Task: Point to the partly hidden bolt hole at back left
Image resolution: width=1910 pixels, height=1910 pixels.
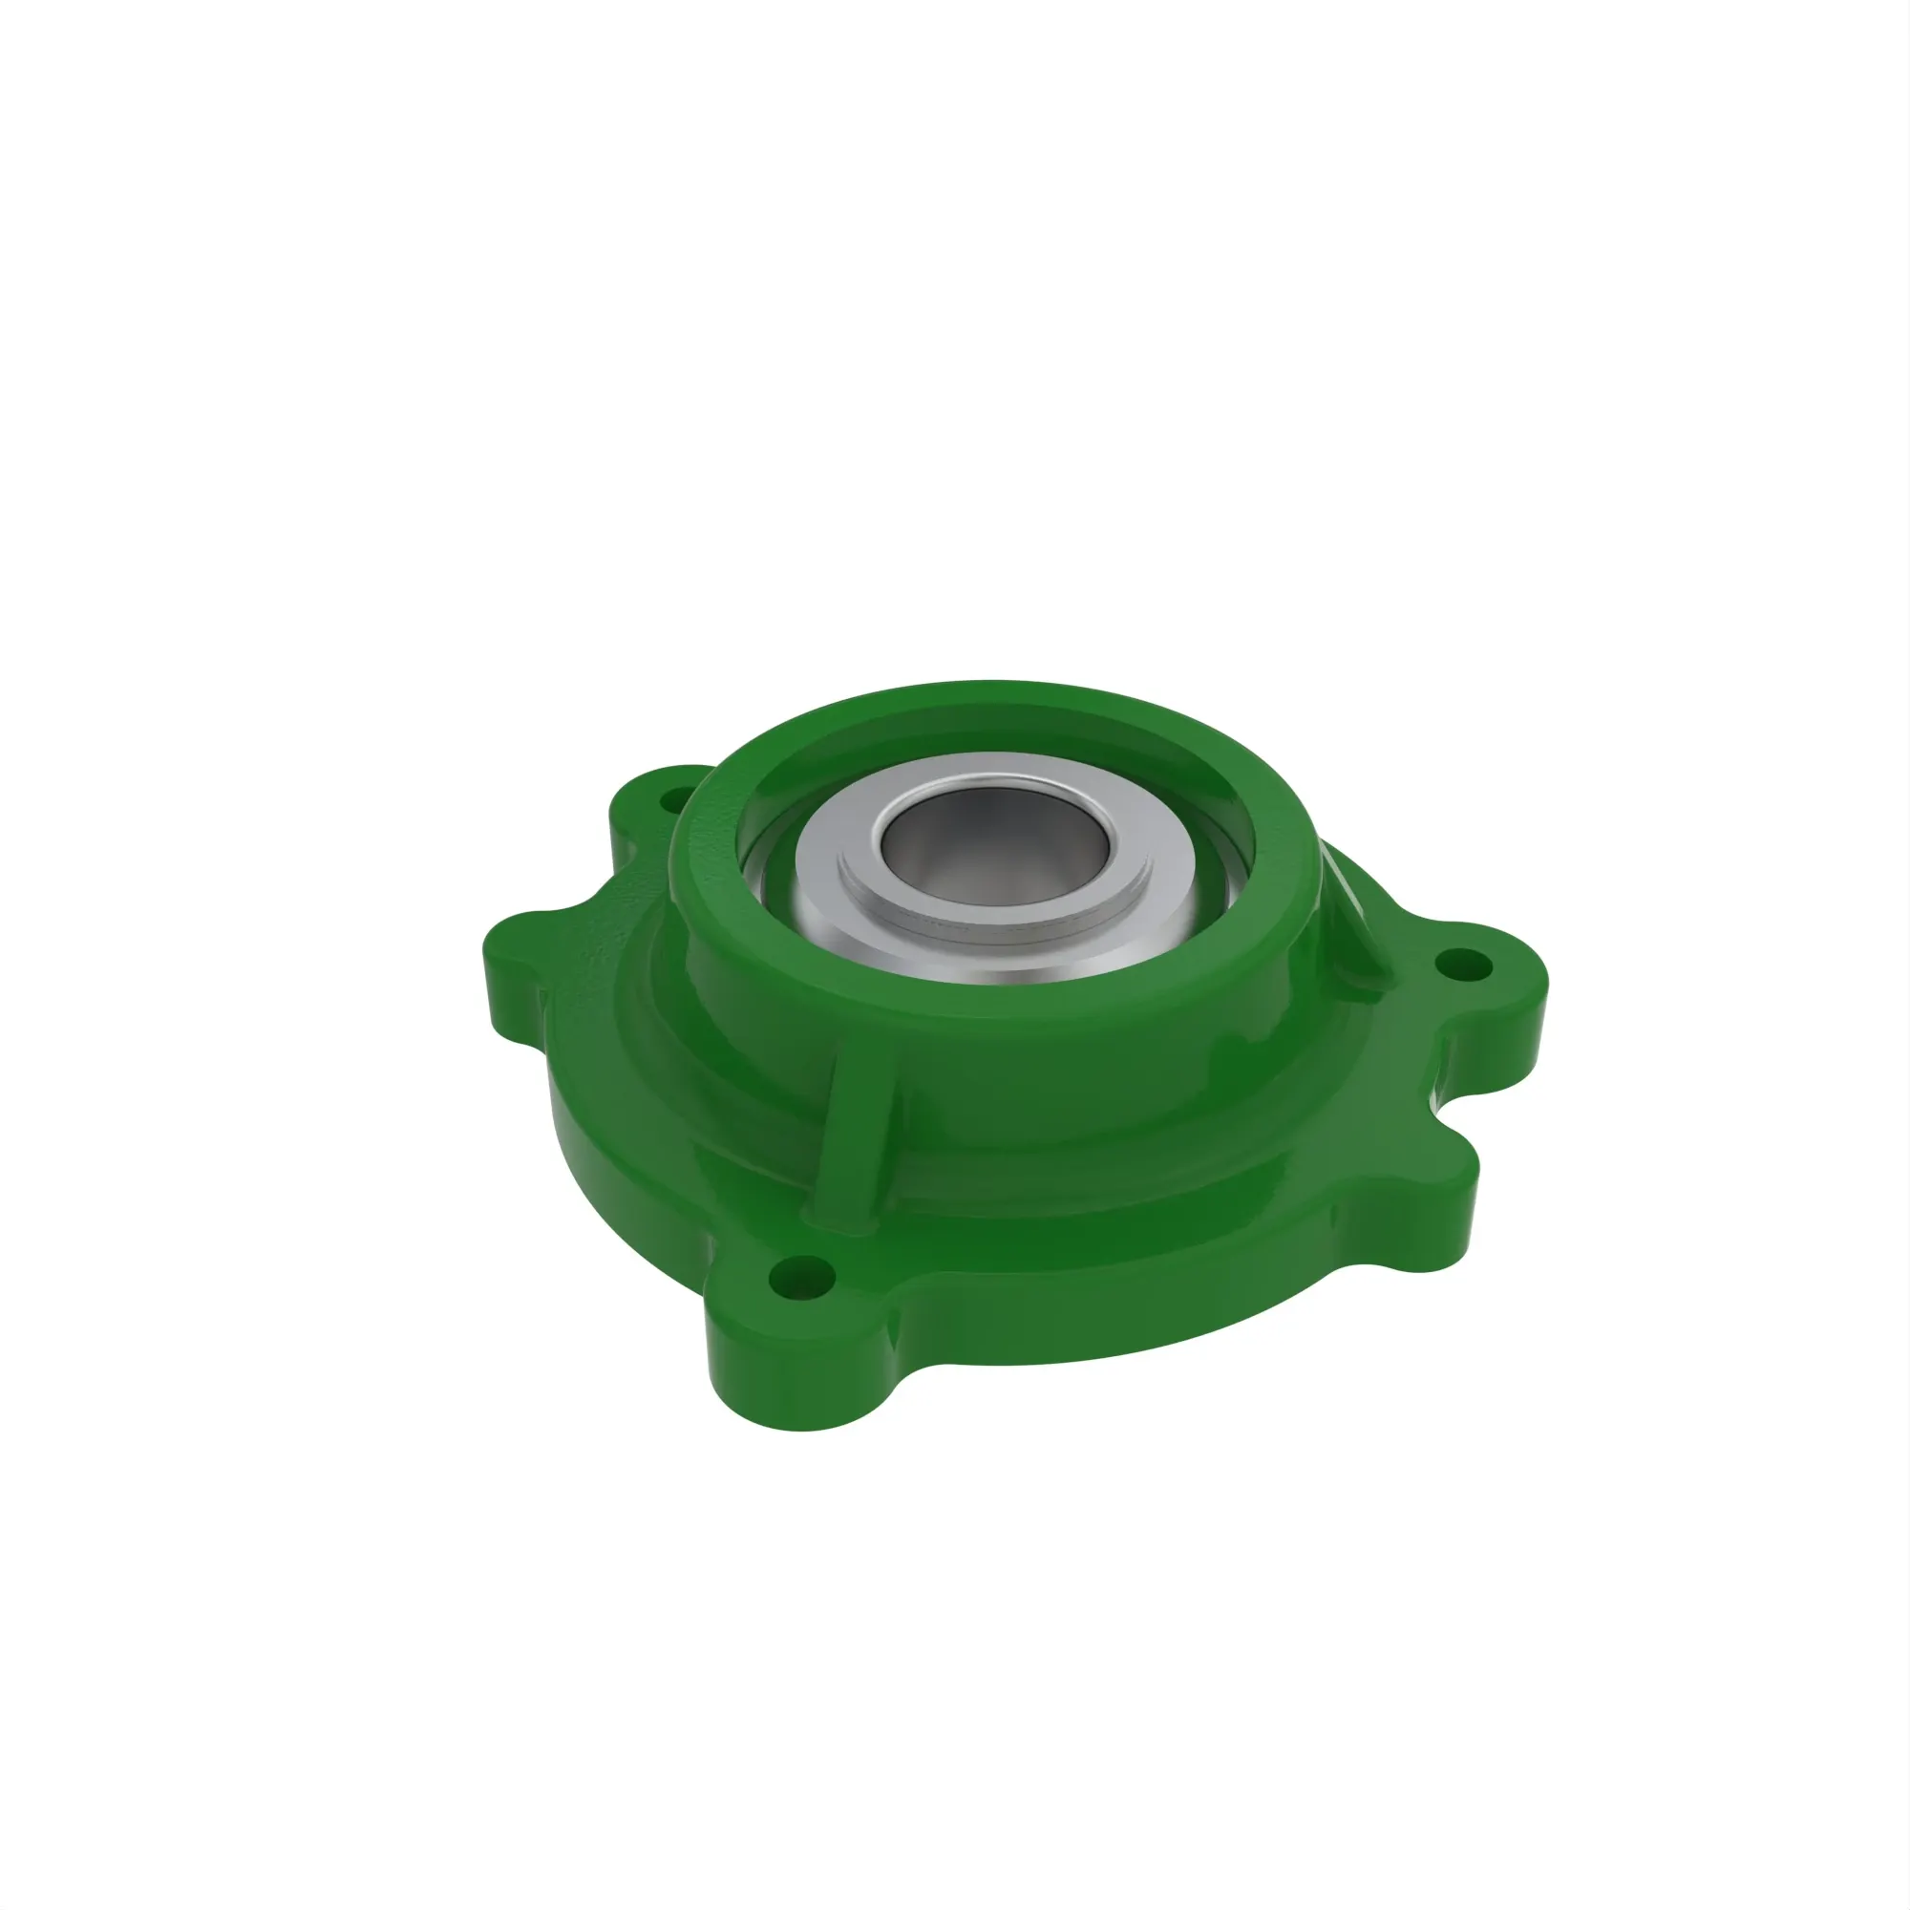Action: [x=676, y=796]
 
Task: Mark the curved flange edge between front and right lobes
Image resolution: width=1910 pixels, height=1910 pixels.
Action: [x=1136, y=1325]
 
